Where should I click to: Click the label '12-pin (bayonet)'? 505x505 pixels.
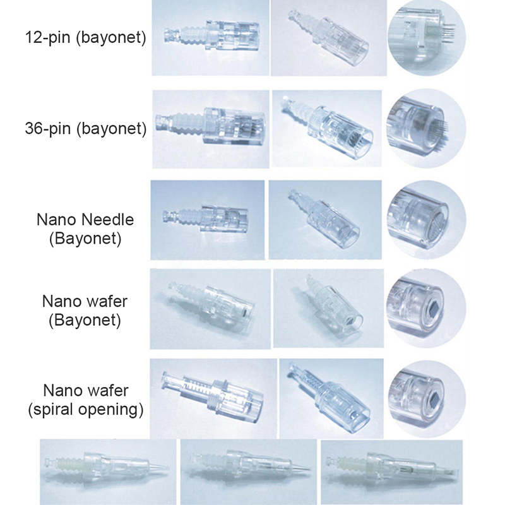click(85, 38)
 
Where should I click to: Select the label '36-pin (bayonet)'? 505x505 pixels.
click(86, 129)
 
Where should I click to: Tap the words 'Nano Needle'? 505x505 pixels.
click(85, 220)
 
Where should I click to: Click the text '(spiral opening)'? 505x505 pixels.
click(86, 410)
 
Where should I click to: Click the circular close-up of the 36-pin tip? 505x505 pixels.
click(426, 129)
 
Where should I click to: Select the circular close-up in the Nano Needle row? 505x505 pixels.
click(427, 220)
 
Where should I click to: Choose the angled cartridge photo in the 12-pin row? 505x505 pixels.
click(328, 38)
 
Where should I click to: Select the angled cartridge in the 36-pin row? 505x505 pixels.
click(327, 129)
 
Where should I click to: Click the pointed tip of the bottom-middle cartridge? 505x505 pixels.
click(309, 470)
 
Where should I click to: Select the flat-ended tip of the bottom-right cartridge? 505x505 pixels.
click(456, 472)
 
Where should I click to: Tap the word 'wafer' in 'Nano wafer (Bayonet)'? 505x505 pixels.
click(107, 302)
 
